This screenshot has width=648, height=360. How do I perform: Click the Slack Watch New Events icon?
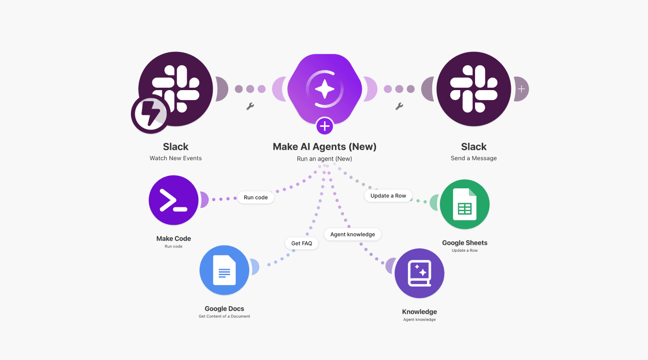coord(176,89)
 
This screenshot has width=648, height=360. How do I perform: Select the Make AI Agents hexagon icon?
coord(324,88)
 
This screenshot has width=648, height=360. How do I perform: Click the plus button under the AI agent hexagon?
coord(324,126)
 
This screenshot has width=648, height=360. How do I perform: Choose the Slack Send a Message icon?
coord(474,89)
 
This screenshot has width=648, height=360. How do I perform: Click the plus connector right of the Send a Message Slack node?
coord(522,89)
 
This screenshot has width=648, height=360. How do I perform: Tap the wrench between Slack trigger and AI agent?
coord(250,106)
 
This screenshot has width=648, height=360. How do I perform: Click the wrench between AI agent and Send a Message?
coord(399,106)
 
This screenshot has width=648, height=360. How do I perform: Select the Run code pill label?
coord(256,197)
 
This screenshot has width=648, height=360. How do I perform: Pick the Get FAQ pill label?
coord(302,243)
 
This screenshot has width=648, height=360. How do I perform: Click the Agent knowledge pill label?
coord(353,234)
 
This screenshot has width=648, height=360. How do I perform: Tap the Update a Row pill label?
coord(388,195)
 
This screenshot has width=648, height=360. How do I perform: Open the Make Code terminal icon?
coord(173,200)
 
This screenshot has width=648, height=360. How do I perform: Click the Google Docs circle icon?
coord(224,270)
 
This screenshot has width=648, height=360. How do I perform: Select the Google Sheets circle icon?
coord(465,205)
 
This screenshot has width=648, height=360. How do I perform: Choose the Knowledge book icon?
coord(419,273)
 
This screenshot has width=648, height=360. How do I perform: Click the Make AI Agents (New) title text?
coord(324,146)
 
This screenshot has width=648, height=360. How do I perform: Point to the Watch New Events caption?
coord(176,158)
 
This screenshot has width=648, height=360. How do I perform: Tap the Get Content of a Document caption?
coord(224,316)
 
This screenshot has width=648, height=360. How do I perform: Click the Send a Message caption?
coord(474,158)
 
